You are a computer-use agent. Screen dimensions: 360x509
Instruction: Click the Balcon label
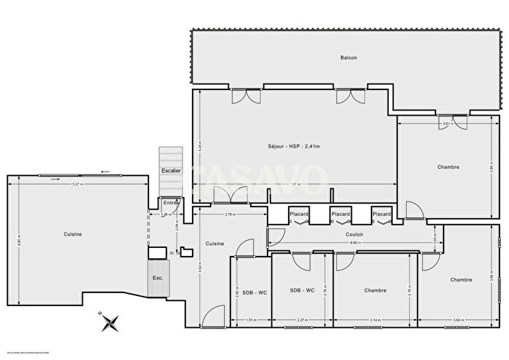(349, 57)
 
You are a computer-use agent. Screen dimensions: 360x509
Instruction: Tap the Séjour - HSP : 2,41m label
(294, 146)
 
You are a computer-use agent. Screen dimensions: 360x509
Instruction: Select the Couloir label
(354, 234)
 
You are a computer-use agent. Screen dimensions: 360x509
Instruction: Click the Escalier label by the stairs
(172, 170)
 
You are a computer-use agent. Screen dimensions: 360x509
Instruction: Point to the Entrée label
(171, 202)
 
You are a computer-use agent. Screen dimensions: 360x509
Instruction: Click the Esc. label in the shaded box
(158, 278)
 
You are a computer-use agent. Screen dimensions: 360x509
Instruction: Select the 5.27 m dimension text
(76, 184)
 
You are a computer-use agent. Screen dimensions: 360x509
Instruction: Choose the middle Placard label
(340, 214)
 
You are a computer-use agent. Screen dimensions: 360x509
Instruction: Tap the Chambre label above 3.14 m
(375, 290)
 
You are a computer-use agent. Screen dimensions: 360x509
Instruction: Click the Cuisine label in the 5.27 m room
(72, 233)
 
